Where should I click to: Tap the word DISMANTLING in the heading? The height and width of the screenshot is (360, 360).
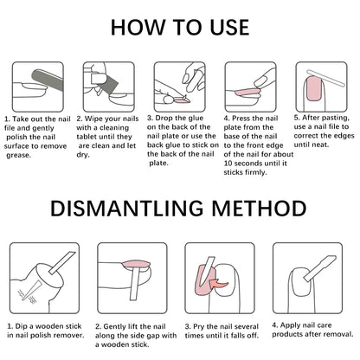pyautogui.click(x=127, y=209)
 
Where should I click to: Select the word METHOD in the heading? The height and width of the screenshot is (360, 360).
pyautogui.click(x=259, y=209)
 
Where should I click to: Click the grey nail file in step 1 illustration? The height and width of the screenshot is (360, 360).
pyautogui.click(x=48, y=79)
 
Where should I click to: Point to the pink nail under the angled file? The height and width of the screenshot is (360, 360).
pyautogui.click(x=314, y=89)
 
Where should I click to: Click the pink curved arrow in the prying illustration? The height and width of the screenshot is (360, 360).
pyautogui.click(x=218, y=284)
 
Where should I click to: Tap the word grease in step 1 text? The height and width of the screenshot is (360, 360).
pyautogui.click(x=18, y=156)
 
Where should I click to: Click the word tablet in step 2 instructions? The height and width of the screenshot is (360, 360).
pyautogui.click(x=86, y=137)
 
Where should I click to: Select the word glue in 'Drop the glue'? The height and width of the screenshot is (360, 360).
pyautogui.click(x=196, y=119)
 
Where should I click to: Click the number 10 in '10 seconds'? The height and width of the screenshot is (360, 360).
pyautogui.click(x=228, y=164)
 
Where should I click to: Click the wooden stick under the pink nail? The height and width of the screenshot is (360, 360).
pyautogui.click(x=135, y=284)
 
